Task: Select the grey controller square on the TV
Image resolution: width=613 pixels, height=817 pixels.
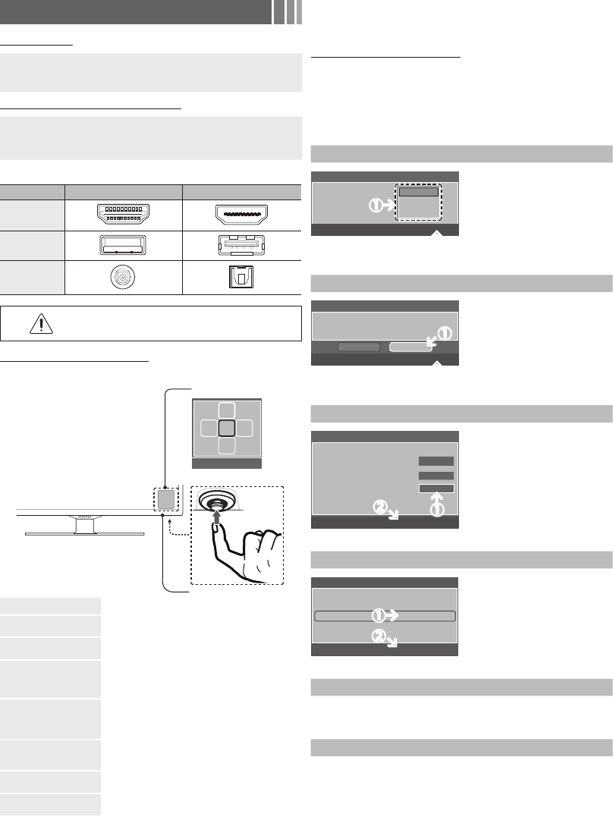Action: (x=165, y=498)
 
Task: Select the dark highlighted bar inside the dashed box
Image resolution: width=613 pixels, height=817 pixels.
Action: (x=419, y=192)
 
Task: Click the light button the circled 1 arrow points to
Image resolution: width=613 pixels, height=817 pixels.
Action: (x=410, y=347)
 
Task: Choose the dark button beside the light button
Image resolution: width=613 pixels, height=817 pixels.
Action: (x=358, y=347)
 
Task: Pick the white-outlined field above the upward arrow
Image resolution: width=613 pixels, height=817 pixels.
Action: (x=436, y=489)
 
